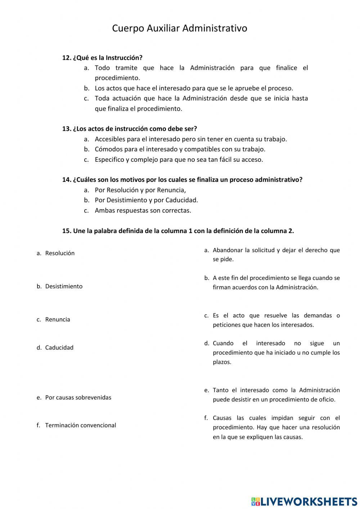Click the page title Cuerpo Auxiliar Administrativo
(x=179, y=28)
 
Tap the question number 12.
(x=66, y=58)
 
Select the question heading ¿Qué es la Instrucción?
(x=108, y=58)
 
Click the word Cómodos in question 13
(x=107, y=149)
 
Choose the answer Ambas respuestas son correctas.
(x=143, y=210)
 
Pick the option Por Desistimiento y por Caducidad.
(x=146, y=200)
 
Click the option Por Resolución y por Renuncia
(x=140, y=190)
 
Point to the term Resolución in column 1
(x=60, y=253)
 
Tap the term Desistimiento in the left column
(x=64, y=286)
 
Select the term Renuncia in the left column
(x=58, y=320)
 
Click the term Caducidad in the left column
(x=59, y=348)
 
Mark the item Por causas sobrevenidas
(x=78, y=398)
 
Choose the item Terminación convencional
(x=81, y=425)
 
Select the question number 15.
(x=66, y=231)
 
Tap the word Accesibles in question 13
(x=109, y=139)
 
